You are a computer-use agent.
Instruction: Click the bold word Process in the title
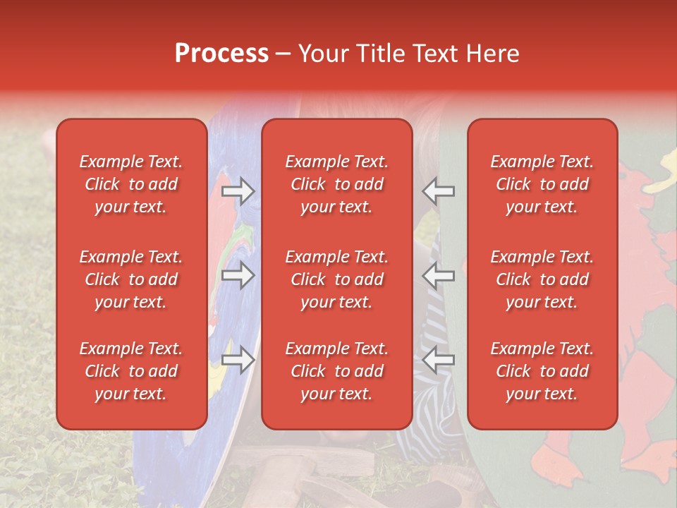click(x=221, y=54)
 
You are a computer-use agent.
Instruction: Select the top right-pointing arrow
click(x=238, y=191)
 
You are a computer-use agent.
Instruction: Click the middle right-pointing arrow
click(x=238, y=275)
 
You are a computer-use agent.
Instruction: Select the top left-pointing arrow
click(x=439, y=191)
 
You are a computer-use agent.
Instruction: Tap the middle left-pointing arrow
click(x=439, y=275)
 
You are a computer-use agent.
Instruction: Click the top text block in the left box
click(x=131, y=184)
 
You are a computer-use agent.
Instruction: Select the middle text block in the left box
click(x=131, y=279)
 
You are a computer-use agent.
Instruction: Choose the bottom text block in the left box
click(x=131, y=371)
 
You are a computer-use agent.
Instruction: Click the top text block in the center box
click(x=336, y=184)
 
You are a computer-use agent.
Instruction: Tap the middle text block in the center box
click(x=336, y=279)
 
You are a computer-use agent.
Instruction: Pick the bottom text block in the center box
click(x=336, y=371)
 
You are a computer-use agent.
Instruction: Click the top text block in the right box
click(x=542, y=184)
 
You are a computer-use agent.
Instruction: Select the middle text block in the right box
click(x=542, y=279)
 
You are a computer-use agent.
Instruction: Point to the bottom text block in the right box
click(x=542, y=371)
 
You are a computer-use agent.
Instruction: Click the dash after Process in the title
click(x=283, y=54)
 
